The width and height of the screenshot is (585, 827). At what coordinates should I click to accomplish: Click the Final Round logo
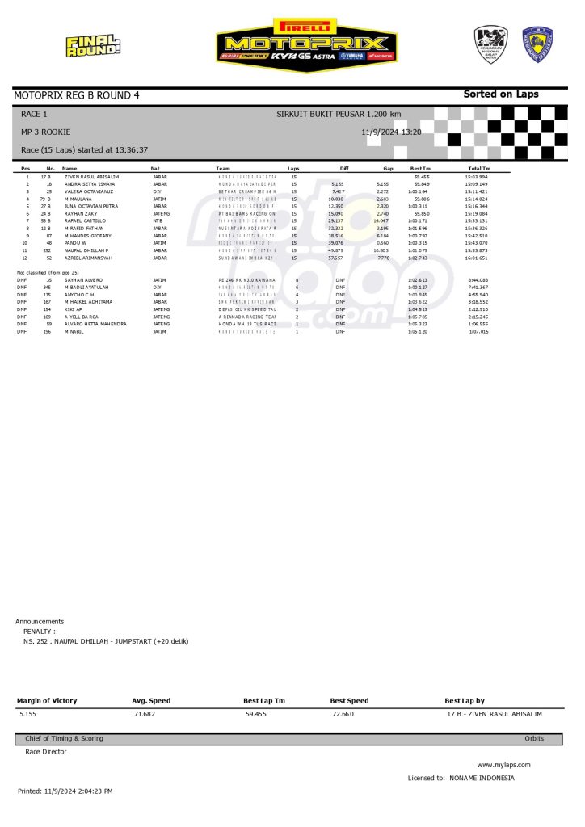[93, 45]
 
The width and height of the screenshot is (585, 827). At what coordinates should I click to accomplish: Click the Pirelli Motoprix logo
[306, 44]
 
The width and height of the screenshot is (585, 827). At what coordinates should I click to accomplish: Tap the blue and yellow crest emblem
[537, 44]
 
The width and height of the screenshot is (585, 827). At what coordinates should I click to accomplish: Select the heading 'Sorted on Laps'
[500, 94]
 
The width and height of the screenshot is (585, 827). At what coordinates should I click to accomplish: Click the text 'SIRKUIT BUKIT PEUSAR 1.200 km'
[339, 115]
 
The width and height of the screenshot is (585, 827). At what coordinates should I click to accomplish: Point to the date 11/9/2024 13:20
[392, 131]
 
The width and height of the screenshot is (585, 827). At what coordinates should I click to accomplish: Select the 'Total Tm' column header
[477, 168]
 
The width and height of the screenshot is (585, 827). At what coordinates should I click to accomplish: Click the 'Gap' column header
[388, 168]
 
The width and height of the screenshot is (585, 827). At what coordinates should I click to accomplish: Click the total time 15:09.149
[477, 183]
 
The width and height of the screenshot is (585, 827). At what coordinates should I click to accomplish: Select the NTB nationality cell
[158, 220]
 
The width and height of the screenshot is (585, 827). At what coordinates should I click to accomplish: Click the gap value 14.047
[381, 220]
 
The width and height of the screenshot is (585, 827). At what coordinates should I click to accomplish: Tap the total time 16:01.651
[477, 258]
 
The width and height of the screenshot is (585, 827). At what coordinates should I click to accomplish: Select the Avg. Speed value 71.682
[143, 715]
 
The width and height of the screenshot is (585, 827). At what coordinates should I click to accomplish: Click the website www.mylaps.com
[503, 764]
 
